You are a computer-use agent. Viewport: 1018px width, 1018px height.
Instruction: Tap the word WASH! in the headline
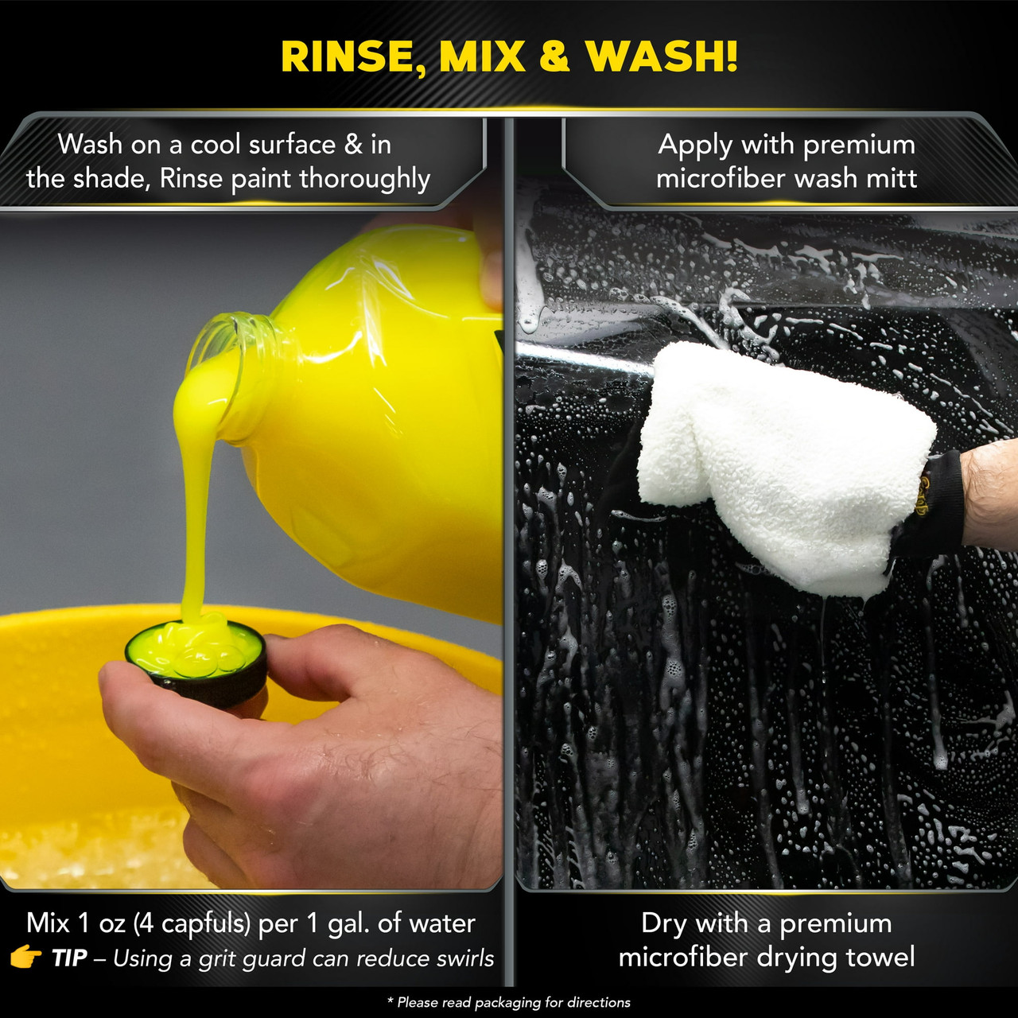pyautogui.click(x=662, y=56)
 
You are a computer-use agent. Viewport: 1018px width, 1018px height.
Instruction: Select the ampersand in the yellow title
pyautogui.click(x=554, y=56)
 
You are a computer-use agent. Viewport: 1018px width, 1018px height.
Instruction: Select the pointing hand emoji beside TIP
pyautogui.click(x=25, y=958)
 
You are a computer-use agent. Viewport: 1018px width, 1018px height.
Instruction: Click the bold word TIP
pyautogui.click(x=69, y=958)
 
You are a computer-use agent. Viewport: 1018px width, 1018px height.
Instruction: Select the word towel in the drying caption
pyautogui.click(x=880, y=957)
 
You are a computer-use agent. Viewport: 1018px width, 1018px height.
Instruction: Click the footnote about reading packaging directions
pyautogui.click(x=509, y=1003)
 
